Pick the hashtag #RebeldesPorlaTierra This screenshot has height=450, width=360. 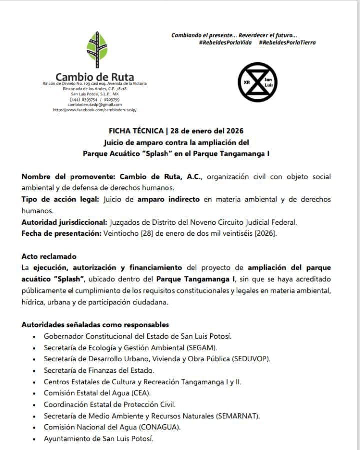pos(287,43)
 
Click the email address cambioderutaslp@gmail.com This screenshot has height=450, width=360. pos(95,104)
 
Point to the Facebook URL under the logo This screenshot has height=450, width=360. pos(95,109)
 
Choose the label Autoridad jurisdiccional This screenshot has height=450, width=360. pos(64,221)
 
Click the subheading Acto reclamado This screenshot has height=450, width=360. pos(49,256)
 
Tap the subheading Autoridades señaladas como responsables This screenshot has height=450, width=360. pos(95,325)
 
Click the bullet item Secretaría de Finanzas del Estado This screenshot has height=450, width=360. pos(99,370)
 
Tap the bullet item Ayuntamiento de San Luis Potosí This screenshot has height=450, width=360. pos(98,439)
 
